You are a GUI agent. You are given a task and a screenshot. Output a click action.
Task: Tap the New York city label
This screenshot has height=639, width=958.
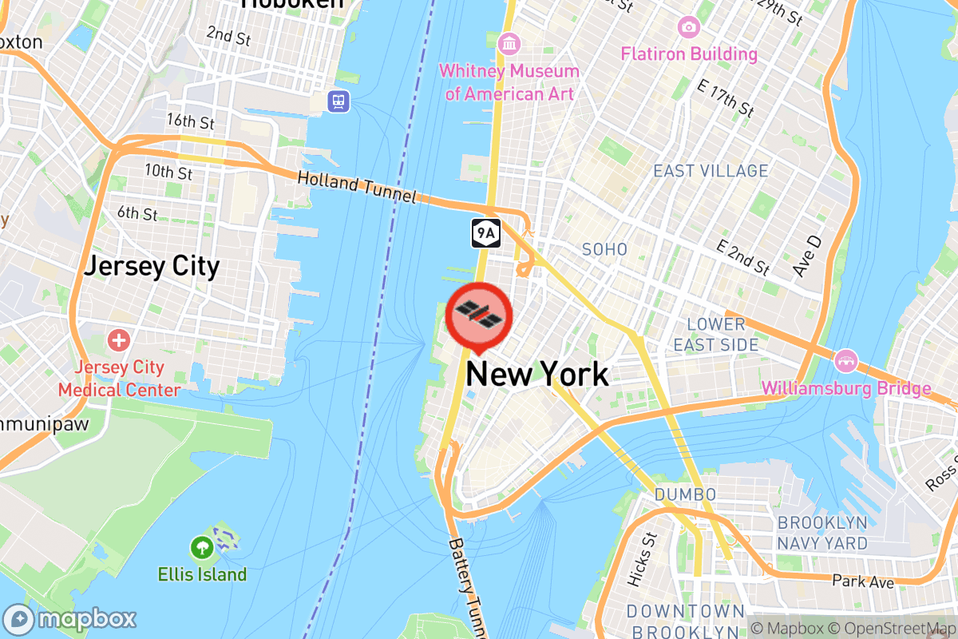tap(537, 374)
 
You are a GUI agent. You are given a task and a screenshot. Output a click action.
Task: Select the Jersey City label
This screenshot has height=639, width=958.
tap(152, 266)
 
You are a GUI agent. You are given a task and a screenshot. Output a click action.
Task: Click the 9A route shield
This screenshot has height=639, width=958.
tap(486, 232)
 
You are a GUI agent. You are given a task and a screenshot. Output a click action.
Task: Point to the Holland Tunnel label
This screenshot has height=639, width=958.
tap(357, 187)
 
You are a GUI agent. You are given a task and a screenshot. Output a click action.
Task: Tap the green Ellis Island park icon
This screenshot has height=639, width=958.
tap(200, 548)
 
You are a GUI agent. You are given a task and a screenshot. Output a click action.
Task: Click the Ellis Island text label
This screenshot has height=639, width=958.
tap(202, 574)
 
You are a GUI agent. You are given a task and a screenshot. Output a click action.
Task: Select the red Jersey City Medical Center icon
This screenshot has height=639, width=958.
tap(118, 341)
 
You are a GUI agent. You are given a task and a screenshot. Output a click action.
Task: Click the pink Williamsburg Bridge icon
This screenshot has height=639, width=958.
tap(845, 360)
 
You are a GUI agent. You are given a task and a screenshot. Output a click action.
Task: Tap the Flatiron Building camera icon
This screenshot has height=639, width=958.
tap(688, 28)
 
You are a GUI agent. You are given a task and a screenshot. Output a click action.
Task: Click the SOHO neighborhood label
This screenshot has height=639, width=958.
tap(604, 250)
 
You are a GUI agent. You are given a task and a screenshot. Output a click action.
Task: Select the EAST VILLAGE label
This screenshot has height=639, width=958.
tap(711, 171)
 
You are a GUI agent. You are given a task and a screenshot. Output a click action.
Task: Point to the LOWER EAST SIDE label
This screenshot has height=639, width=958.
tap(715, 335)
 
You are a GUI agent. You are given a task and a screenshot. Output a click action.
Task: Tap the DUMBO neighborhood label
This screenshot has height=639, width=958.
tap(685, 495)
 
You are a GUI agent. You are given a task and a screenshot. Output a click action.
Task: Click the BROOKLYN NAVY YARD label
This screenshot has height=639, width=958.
tap(822, 533)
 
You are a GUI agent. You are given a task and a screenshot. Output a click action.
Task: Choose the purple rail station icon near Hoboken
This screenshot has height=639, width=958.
tap(339, 101)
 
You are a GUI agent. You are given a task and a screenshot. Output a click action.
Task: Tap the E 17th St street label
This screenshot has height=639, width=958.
tap(725, 97)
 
